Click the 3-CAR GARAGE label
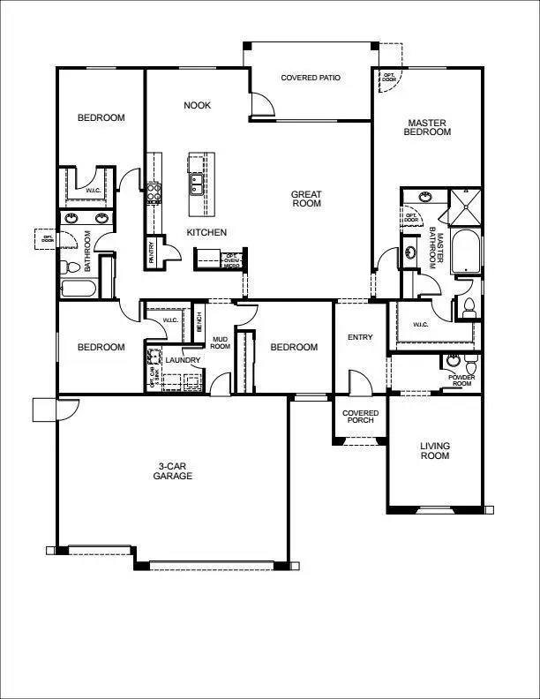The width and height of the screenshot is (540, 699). tap(175, 470)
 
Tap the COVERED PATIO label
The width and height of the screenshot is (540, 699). tap(311, 78)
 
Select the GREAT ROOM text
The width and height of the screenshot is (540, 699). tap(306, 199)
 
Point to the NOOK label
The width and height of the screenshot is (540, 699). tap(197, 105)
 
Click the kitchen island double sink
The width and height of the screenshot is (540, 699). tap(196, 184)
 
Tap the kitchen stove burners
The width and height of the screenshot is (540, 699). tap(154, 192)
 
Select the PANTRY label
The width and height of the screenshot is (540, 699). tap(152, 254)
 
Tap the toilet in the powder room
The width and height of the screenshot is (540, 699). tap(472, 365)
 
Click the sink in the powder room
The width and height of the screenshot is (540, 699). tap(454, 360)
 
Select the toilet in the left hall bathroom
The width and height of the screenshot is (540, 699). tap(69, 266)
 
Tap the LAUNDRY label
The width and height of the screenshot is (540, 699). tap(183, 360)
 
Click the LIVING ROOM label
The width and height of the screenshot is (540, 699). tap(434, 451)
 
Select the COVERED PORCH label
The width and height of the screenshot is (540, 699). tap(360, 417)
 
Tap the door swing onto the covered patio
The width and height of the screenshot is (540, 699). tap(261, 106)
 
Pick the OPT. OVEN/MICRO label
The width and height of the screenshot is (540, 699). tap(232, 259)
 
